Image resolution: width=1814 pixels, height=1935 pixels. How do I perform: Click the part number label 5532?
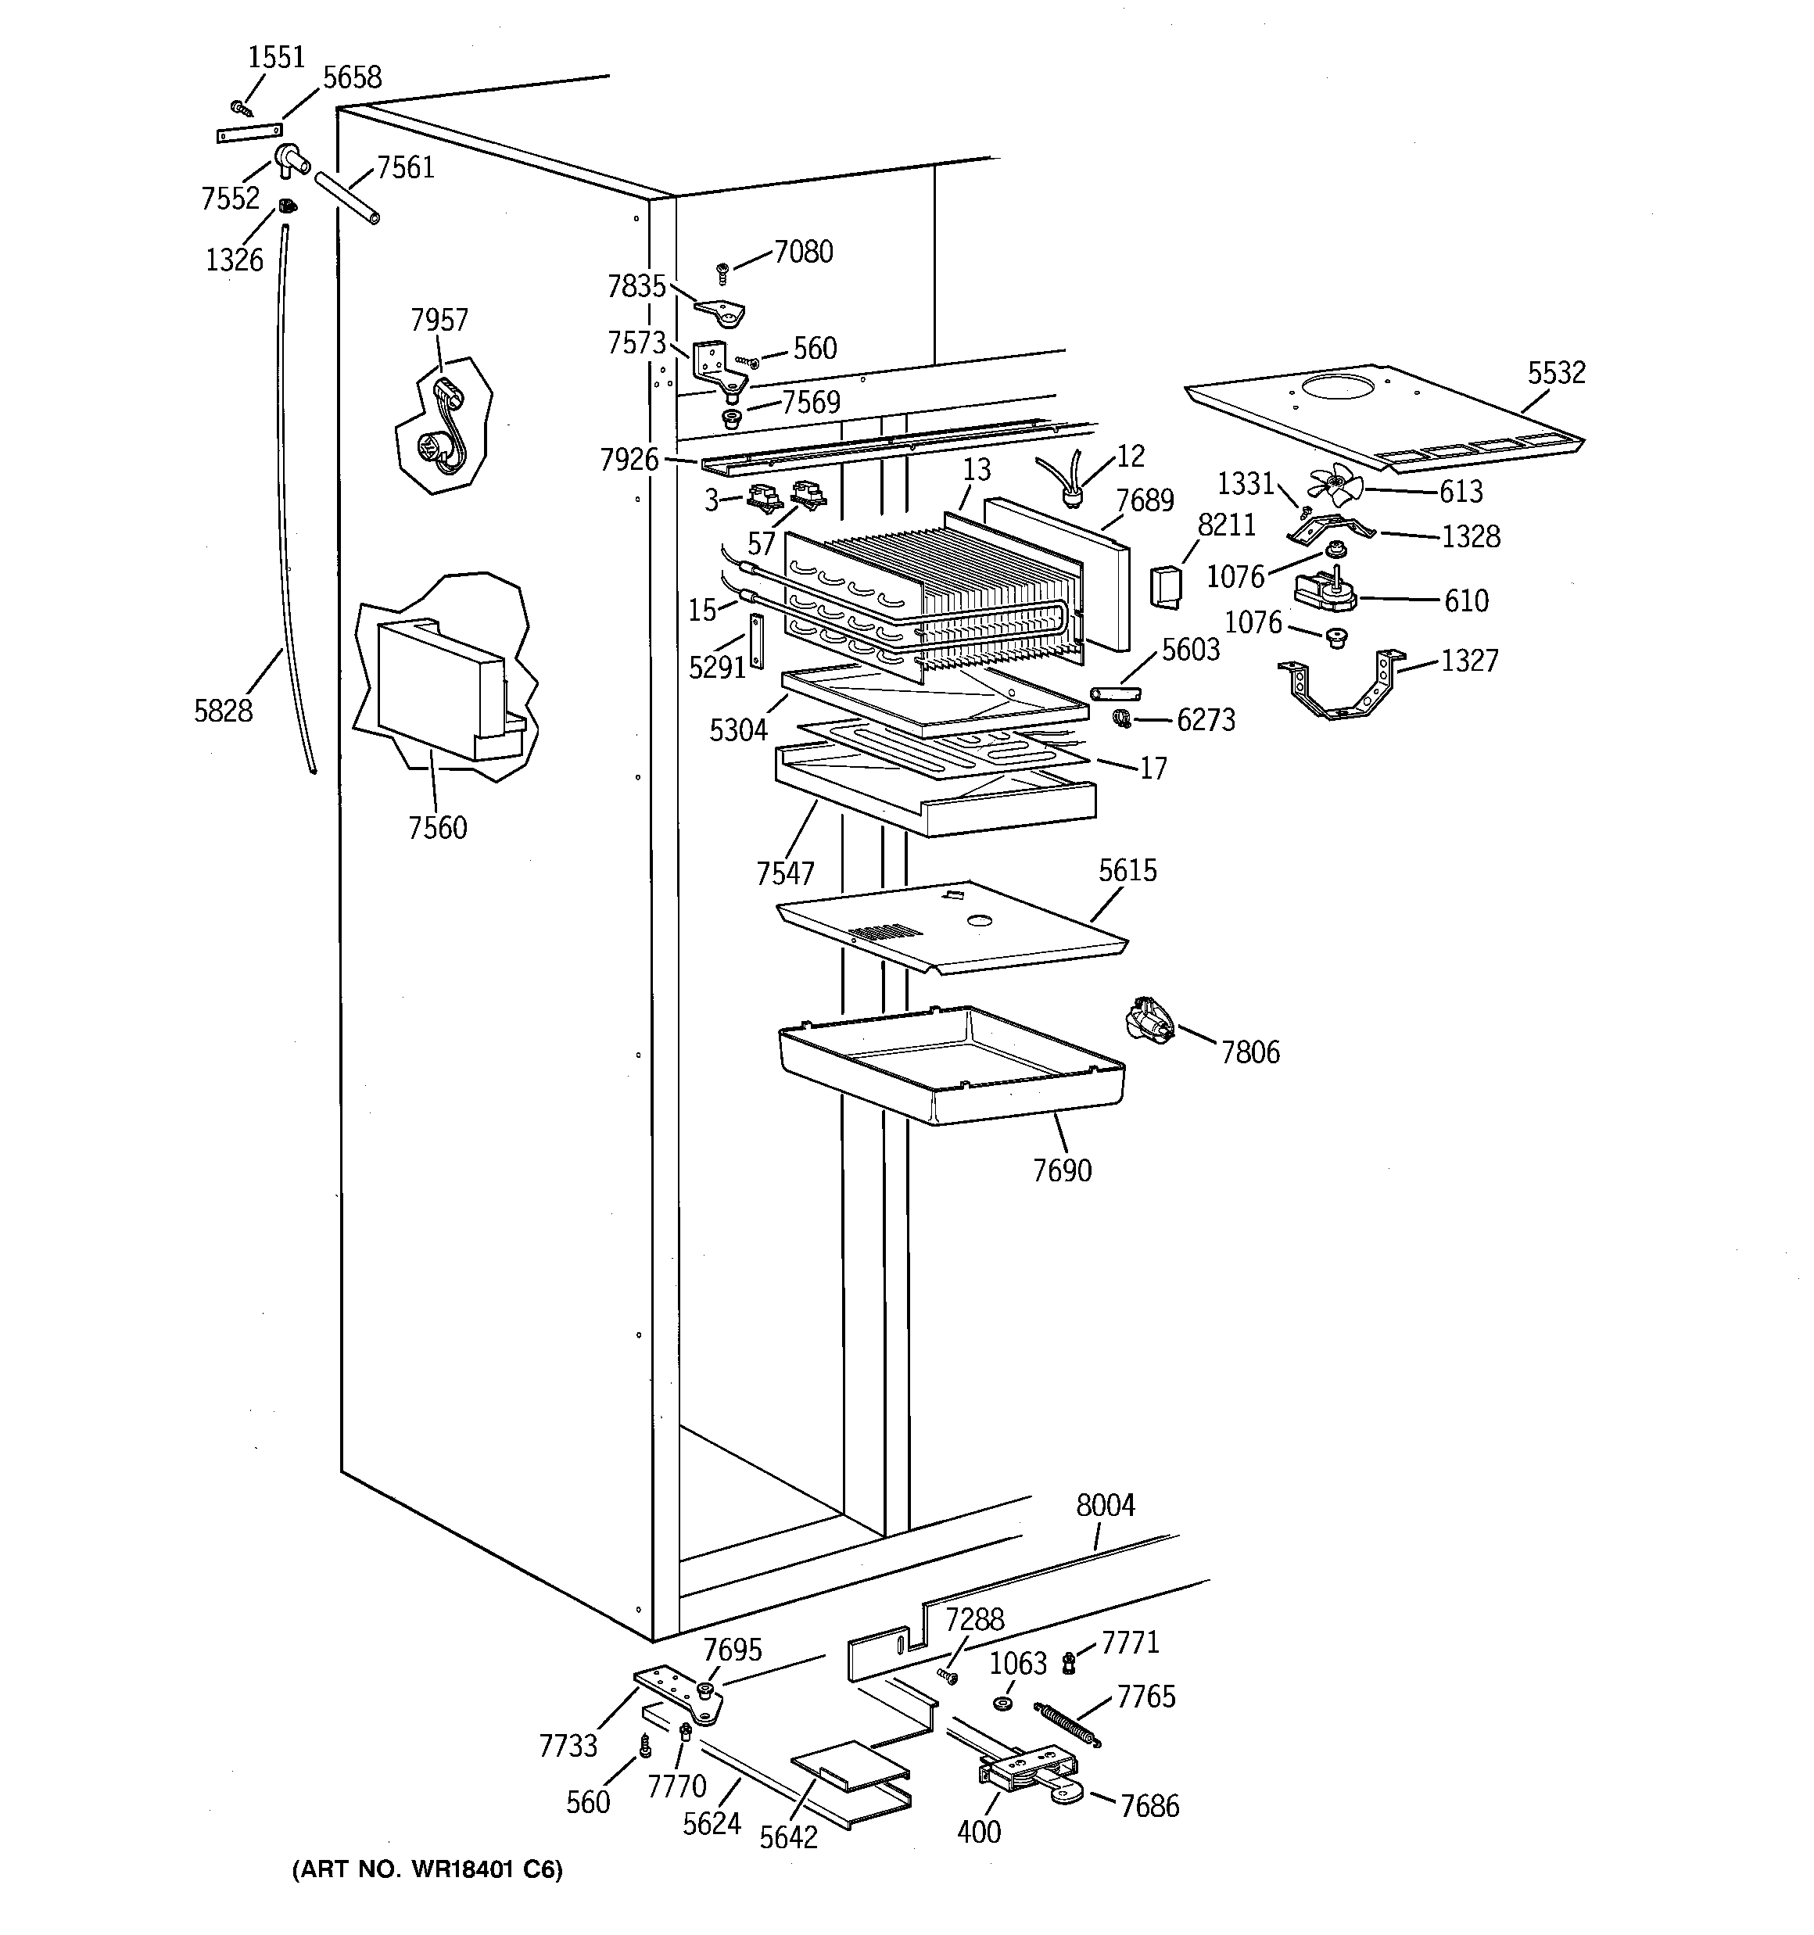point(1556,373)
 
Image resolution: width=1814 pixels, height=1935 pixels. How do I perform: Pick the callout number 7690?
point(1063,1170)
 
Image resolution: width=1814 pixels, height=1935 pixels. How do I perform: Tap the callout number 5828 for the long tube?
point(223,711)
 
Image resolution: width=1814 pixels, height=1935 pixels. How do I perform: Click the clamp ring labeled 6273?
point(1122,719)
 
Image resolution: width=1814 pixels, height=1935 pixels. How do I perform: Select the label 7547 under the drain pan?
point(785,873)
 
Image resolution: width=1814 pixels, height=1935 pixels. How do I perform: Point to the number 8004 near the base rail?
point(1105,1506)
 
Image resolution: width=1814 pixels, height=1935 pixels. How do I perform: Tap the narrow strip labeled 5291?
point(754,641)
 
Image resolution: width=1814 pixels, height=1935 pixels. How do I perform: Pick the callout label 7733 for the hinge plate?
point(568,1746)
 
